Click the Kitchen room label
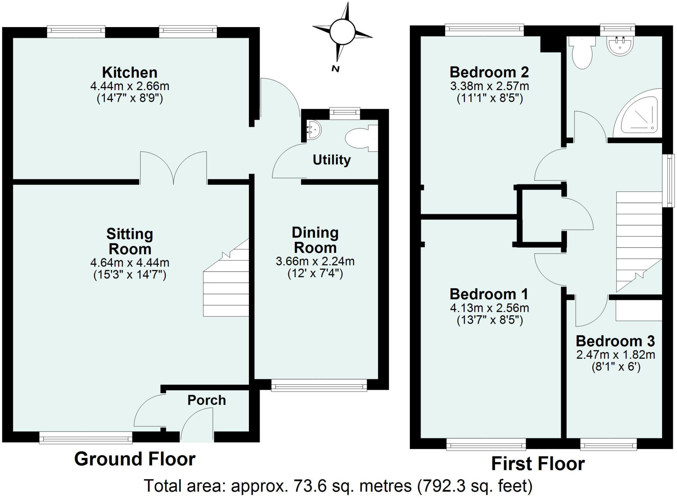(130, 73)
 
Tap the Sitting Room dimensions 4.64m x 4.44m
(130, 263)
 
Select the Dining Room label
(315, 240)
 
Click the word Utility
(332, 160)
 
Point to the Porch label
(207, 400)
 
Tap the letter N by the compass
(336, 69)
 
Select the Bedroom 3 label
(615, 341)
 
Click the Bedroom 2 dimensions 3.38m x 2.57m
(489, 86)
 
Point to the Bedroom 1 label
(489, 294)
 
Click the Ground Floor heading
(135, 459)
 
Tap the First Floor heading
(538, 464)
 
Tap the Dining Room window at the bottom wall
(319, 385)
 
